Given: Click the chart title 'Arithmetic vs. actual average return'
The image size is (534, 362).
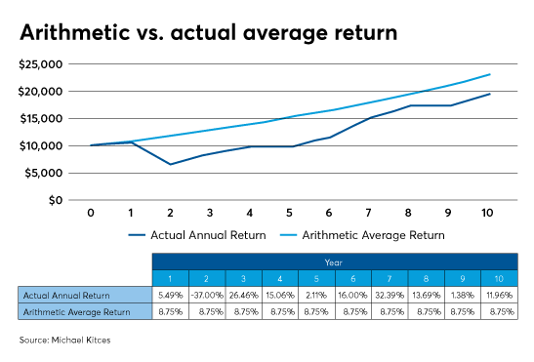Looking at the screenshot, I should pos(208,34).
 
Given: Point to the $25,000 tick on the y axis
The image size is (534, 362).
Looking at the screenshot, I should pos(41,64).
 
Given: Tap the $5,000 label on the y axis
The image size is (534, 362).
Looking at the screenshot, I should pos(44,173).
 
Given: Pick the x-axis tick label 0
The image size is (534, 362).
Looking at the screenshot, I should pos(90,212).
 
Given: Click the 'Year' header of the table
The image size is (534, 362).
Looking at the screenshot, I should pos(335,261).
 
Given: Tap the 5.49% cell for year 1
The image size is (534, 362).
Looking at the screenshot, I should pos(172,293).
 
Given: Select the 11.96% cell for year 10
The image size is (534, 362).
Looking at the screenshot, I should pos(499,293).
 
